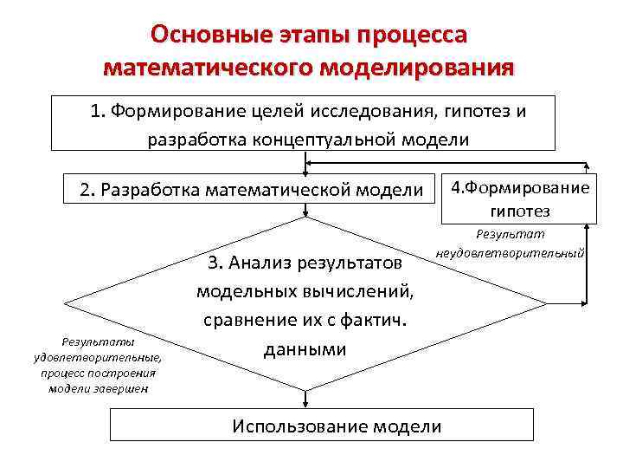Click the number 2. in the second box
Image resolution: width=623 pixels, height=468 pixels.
(87, 190)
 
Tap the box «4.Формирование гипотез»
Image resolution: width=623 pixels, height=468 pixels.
(519, 199)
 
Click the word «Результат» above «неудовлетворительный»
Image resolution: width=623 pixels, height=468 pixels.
(511, 235)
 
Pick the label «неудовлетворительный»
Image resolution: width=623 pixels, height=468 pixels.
(511, 254)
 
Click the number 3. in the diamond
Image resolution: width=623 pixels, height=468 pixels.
(215, 263)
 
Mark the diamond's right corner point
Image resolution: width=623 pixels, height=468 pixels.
(545, 304)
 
